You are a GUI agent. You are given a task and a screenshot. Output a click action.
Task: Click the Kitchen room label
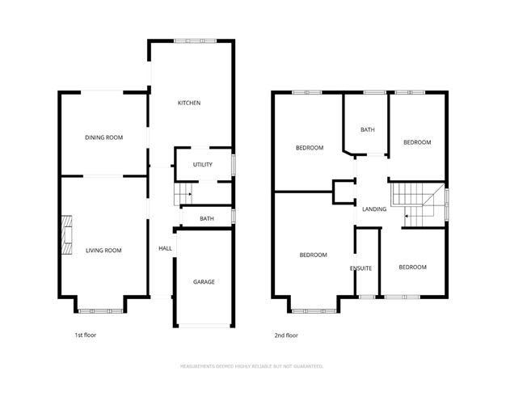(189, 103)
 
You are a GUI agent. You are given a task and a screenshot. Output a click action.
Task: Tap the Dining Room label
(103, 137)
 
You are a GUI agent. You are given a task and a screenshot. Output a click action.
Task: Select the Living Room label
(103, 251)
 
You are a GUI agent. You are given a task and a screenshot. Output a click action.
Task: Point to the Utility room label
(202, 165)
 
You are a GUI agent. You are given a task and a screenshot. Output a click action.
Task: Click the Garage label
(204, 282)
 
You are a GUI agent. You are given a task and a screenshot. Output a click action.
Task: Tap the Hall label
(165, 248)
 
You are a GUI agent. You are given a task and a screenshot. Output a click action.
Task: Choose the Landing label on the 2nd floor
(374, 209)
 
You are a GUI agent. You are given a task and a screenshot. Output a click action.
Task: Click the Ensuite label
(361, 268)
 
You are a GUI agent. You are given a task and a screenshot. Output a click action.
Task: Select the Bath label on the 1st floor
(207, 218)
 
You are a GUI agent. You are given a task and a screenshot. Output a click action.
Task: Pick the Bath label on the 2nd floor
(368, 129)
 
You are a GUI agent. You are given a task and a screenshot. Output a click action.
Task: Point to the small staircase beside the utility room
(183, 194)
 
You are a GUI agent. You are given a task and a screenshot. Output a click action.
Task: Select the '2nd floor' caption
(286, 335)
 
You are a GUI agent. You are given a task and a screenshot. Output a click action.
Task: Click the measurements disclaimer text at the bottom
(252, 366)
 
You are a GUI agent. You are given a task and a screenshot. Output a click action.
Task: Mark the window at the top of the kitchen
(198, 40)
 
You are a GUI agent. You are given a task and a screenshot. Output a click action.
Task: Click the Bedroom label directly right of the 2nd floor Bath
(417, 142)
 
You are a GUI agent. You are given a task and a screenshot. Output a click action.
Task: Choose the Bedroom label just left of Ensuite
(313, 255)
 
